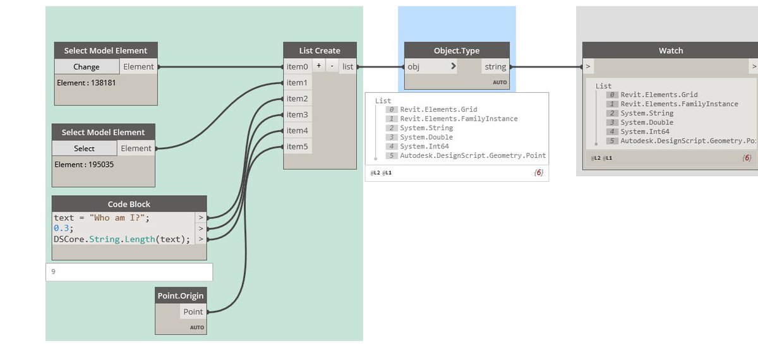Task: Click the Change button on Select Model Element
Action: [x=87, y=66]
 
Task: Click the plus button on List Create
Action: [x=319, y=66]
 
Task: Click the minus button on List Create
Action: [x=332, y=66]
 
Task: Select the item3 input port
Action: [x=297, y=114]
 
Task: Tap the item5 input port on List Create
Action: [x=297, y=147]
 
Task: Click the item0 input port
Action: [x=297, y=66]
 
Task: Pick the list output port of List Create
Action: [x=348, y=66]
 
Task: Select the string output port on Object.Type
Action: [x=495, y=66]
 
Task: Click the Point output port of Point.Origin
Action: [x=193, y=311]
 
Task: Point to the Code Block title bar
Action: [x=129, y=204]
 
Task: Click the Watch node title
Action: [x=670, y=51]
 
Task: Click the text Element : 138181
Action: [x=87, y=82]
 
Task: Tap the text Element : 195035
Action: [x=84, y=164]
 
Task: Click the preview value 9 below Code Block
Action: [x=54, y=272]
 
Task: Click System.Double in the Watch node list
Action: [x=647, y=123]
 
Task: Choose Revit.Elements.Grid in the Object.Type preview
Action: [x=438, y=109]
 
